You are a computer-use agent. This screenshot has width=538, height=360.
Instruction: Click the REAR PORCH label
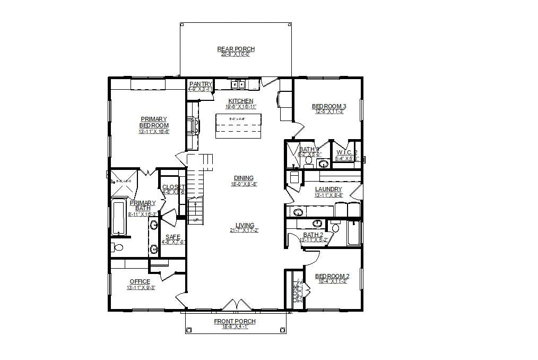click(236, 49)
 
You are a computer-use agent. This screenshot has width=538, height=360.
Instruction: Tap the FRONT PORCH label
click(235, 321)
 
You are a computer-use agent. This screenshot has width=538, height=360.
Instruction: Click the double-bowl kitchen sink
click(237, 84)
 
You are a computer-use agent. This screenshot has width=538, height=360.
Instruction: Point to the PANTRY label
click(200, 84)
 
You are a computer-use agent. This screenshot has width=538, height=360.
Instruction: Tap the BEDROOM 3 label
click(329, 106)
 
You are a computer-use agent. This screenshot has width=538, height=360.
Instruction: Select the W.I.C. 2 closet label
click(347, 153)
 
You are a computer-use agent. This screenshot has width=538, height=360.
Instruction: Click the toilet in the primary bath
click(117, 247)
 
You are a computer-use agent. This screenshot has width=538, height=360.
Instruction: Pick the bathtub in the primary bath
click(119, 218)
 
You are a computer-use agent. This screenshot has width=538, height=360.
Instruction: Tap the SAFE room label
click(172, 237)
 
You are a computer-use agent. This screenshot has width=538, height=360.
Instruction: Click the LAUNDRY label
click(328, 189)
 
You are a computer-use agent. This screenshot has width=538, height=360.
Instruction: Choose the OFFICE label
click(140, 281)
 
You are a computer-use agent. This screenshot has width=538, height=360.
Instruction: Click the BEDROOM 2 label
click(332, 276)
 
